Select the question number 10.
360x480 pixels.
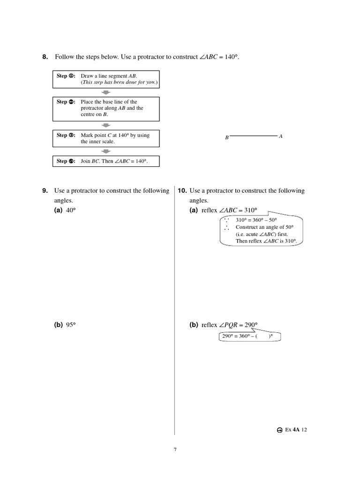pos(182,191)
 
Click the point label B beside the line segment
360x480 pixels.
pos(226,138)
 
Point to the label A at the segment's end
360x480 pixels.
pos(281,136)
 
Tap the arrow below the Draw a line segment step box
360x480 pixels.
pos(106,92)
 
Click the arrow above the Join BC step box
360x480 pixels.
pos(106,151)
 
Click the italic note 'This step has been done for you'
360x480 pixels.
pos(120,82)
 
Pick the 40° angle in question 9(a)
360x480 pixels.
pos(71,210)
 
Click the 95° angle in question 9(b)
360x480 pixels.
pos(71,325)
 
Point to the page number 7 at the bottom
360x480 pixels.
pos(175,450)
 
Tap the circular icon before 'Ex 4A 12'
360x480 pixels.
pos(279,430)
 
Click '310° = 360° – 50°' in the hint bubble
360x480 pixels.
pos(256,220)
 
